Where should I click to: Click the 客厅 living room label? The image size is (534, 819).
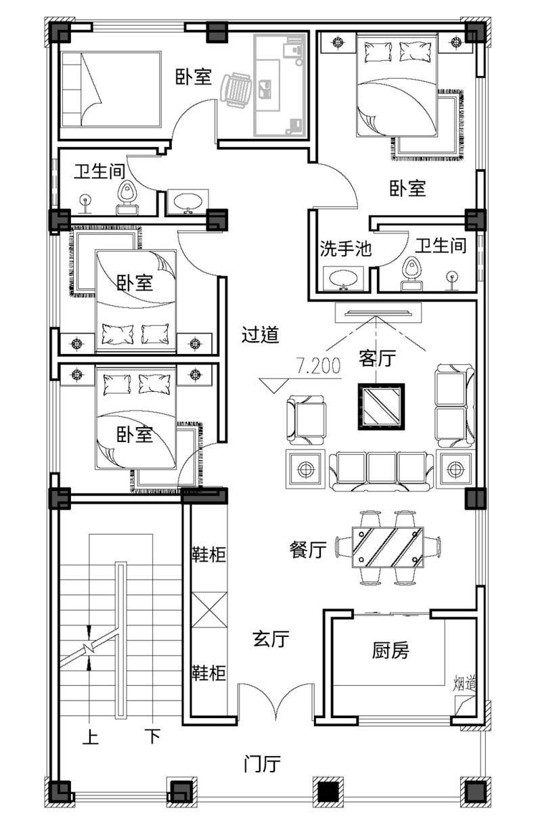click(x=377, y=357)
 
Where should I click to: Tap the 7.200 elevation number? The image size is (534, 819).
click(x=318, y=366)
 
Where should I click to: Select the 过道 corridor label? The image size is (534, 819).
click(x=261, y=334)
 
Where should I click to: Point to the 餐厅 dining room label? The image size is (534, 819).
click(x=308, y=550)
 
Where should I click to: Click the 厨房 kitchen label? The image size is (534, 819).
click(x=391, y=650)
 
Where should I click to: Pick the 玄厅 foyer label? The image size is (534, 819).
click(x=271, y=638)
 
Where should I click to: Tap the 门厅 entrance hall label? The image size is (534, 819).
click(x=262, y=763)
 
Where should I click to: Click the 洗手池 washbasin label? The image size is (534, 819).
click(x=345, y=248)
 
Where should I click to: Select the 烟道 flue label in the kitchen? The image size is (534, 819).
click(x=464, y=684)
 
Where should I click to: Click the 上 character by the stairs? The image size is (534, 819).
click(x=90, y=736)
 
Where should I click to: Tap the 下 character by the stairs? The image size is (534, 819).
click(x=152, y=736)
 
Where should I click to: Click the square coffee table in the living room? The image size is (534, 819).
click(x=381, y=406)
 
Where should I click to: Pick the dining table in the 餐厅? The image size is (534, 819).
click(x=388, y=547)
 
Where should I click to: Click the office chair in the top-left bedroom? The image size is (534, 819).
click(x=236, y=89)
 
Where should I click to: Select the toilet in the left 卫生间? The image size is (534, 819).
click(x=127, y=198)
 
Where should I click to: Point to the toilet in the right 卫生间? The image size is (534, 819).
click(x=411, y=273)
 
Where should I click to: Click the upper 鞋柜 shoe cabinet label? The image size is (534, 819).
click(x=208, y=554)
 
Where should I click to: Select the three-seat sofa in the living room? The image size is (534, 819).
click(x=381, y=471)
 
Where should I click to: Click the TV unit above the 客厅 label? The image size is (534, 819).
click(x=378, y=313)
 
